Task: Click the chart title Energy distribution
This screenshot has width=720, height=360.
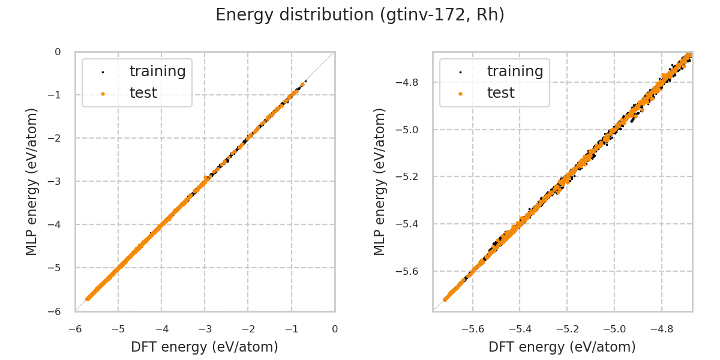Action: (360, 15)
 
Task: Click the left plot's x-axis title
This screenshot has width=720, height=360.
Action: (205, 347)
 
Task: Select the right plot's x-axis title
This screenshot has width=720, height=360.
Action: (562, 347)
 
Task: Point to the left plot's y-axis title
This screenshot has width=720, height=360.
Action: (32, 181)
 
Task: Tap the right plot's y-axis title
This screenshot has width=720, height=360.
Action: (380, 181)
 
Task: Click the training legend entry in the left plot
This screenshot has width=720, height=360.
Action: (157, 71)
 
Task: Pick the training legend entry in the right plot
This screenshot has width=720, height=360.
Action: (515, 71)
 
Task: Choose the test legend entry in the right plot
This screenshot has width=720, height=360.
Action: (500, 93)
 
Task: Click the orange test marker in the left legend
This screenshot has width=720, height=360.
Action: (103, 94)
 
